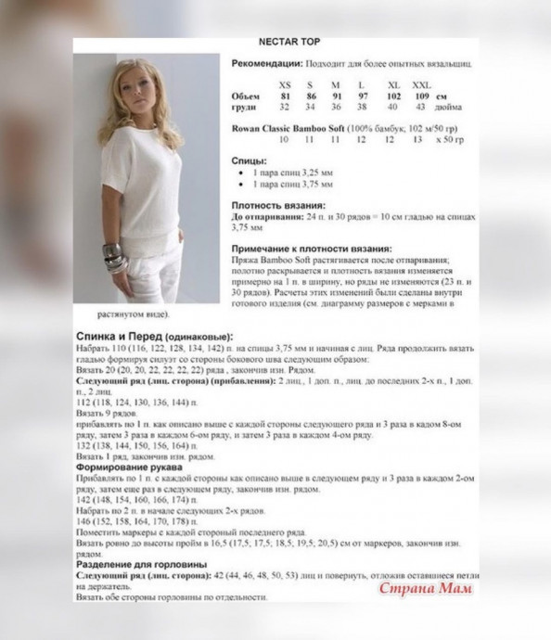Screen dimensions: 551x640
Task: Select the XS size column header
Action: coord(284,84)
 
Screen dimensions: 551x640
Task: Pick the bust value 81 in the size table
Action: coord(285,96)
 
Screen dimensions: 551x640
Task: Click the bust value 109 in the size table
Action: coord(421,96)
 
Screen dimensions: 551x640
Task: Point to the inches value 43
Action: coord(420,108)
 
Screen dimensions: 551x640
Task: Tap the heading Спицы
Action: coord(249,160)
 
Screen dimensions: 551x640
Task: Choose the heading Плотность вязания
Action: coord(278,204)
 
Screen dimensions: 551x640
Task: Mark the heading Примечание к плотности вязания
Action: coord(311,249)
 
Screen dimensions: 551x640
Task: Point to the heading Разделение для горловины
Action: coord(136,563)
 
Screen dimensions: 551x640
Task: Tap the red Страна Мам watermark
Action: coord(426,587)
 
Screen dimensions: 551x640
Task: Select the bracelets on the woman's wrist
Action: coord(112,257)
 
